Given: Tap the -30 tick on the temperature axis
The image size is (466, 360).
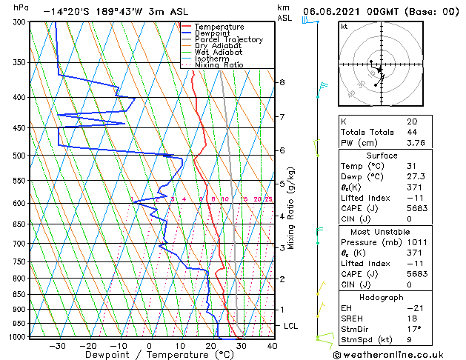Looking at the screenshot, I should point(57,345).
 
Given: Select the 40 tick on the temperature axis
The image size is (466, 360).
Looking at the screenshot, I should point(272,345).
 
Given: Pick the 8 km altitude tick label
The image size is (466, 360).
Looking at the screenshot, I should point(282,82).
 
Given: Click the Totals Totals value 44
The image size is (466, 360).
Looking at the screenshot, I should point(411,132).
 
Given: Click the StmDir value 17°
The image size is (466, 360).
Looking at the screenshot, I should point(414,329).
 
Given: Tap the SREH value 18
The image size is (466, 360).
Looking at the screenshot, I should point(411,318).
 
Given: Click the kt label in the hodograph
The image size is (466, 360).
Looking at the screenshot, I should point(344,27).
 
